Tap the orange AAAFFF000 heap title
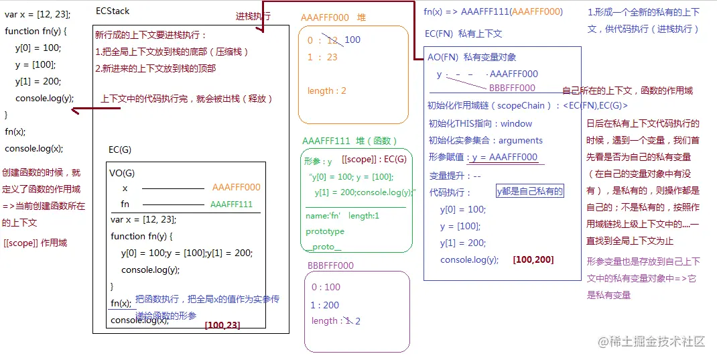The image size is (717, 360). click(333, 17)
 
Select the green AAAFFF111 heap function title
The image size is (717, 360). click(350, 141)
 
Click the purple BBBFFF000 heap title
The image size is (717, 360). click(330, 265)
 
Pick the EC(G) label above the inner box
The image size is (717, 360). click(120, 149)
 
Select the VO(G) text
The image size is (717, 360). click(122, 173)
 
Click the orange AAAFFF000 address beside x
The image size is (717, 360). click(236, 188)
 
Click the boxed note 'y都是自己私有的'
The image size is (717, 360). click(529, 192)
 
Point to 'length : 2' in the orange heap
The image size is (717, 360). click(326, 91)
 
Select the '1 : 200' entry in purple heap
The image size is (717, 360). click(325, 304)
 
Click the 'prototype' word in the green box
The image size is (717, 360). click(325, 231)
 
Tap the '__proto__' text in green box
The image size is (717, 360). click(324, 247)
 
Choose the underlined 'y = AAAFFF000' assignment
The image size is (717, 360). click(505, 158)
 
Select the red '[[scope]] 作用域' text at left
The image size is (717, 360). click(35, 243)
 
